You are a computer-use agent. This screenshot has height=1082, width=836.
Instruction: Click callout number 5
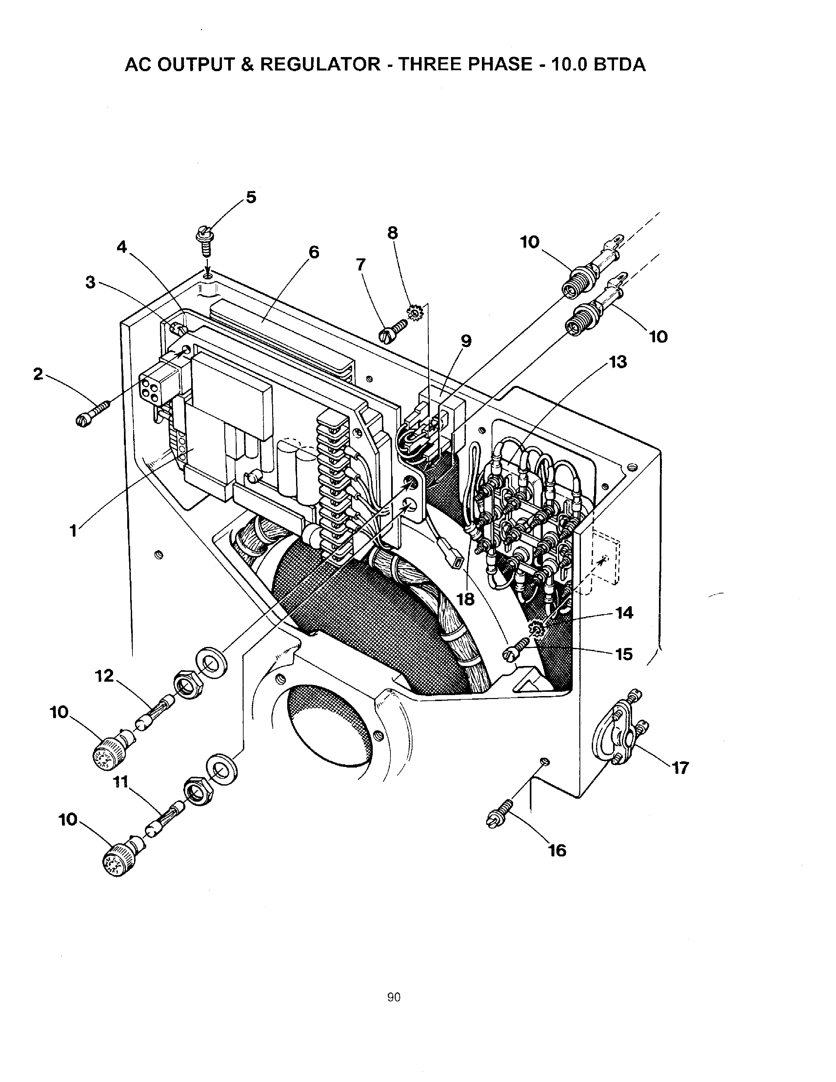pos(251,197)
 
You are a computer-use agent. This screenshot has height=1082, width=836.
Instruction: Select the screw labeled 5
pos(205,241)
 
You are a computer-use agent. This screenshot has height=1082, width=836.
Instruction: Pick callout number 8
pos(392,232)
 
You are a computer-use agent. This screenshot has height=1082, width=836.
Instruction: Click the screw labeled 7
pos(393,330)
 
